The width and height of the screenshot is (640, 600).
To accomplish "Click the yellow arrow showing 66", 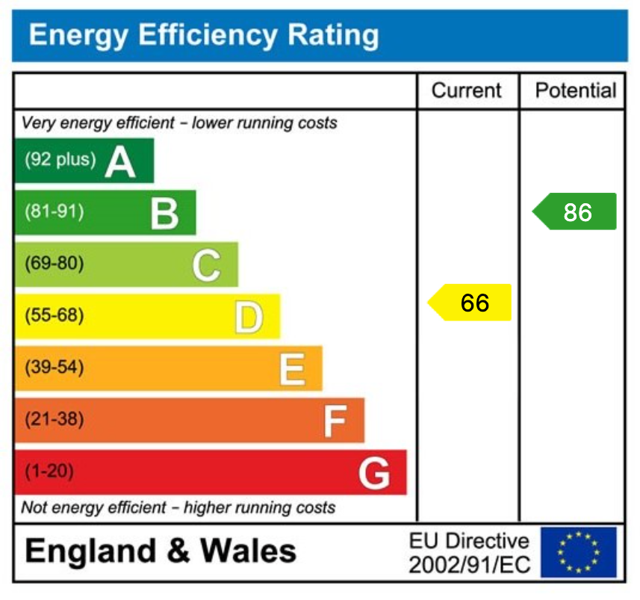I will (x=470, y=303).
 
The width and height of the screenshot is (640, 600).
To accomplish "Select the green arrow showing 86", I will (x=575, y=212).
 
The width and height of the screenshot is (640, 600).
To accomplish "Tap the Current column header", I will (x=467, y=91).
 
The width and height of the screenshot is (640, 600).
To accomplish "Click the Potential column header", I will (x=575, y=91).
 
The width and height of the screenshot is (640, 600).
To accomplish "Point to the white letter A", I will (x=120, y=161).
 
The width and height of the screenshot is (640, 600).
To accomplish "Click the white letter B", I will (x=164, y=214).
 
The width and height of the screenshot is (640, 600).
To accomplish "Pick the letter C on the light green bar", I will (x=207, y=265).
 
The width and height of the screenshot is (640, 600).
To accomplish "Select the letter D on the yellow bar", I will (x=249, y=318).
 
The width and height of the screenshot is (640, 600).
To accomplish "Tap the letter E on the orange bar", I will (x=292, y=369).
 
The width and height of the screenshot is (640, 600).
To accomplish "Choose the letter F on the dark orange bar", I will (x=335, y=421).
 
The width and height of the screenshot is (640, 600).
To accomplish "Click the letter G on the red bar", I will (x=374, y=473).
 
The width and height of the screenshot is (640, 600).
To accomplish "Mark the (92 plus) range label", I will (x=60, y=160).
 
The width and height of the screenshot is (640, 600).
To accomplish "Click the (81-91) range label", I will (x=54, y=212).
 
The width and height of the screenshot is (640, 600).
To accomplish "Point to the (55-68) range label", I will (x=54, y=316).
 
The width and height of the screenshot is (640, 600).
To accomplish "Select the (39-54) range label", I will (x=54, y=368).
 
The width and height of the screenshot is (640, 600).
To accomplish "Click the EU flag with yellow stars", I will (x=578, y=552).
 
